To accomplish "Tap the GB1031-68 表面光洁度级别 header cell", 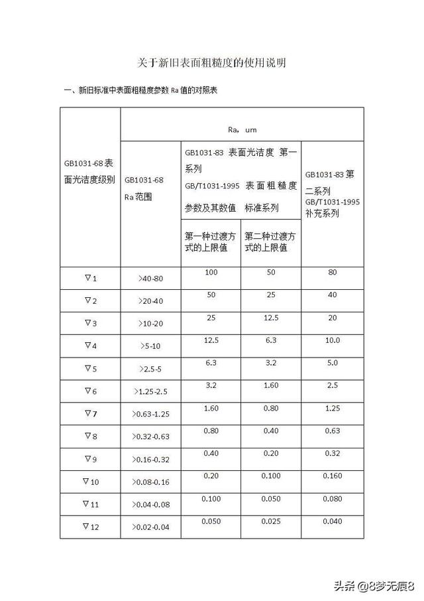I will point(90,171).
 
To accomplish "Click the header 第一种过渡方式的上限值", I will point(211,241).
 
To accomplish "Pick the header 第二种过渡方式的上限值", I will point(270,241).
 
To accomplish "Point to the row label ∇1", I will point(90,278).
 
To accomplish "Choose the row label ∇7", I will point(90,413).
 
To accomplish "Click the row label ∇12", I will point(90,527).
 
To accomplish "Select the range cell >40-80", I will point(150,279).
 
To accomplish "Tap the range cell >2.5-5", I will point(150,369).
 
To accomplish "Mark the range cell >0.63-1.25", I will point(150,415).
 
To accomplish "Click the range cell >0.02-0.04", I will point(150,528).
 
